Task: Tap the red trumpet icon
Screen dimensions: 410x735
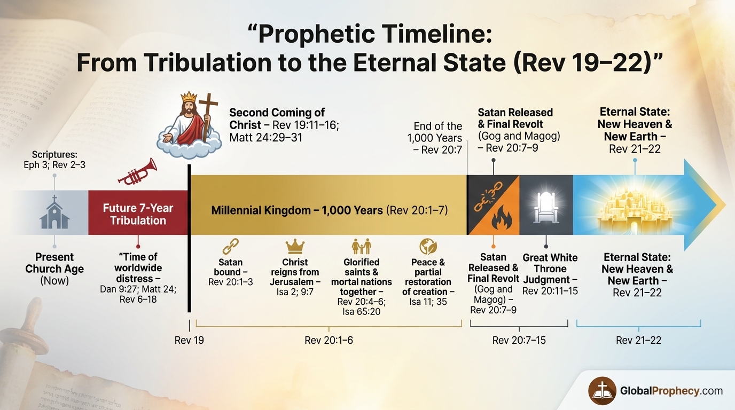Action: point(137,172)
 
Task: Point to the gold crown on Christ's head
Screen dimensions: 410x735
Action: point(189,98)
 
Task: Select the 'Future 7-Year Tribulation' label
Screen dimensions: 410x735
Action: point(138,214)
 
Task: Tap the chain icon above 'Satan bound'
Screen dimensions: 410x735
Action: point(230,247)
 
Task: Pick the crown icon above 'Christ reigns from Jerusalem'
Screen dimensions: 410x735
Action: point(295,246)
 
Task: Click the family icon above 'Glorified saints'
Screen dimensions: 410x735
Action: point(361,247)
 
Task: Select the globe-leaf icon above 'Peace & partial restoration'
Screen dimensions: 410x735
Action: point(428,246)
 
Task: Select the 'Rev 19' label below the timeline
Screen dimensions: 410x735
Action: point(189,340)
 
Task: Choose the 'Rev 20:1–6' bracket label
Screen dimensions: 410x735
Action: point(329,340)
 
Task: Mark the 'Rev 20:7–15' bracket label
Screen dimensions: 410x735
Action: point(519,340)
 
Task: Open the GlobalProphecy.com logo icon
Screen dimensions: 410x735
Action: point(602,391)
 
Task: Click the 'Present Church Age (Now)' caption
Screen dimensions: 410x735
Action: point(54,269)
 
